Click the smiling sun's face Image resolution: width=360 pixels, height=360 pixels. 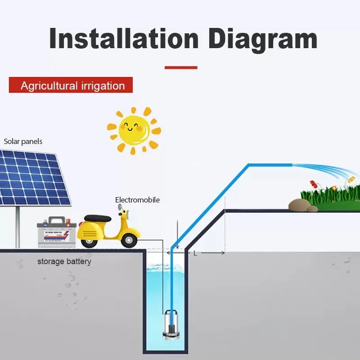[134, 129]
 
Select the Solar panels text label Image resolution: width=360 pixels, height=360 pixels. [23, 141]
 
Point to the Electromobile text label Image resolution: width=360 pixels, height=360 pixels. [137, 200]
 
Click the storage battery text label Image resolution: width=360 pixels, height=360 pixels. [64, 261]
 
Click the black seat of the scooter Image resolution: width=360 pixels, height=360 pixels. [98, 218]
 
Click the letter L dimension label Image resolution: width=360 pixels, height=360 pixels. [195, 253]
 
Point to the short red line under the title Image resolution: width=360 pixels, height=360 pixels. [181, 67]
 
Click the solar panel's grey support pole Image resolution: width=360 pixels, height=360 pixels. [18, 227]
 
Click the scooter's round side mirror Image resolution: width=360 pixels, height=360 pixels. [120, 208]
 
